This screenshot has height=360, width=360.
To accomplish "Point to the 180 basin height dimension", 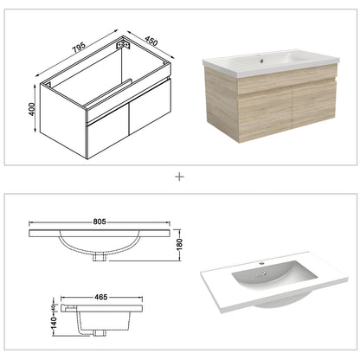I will pos(181,245).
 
